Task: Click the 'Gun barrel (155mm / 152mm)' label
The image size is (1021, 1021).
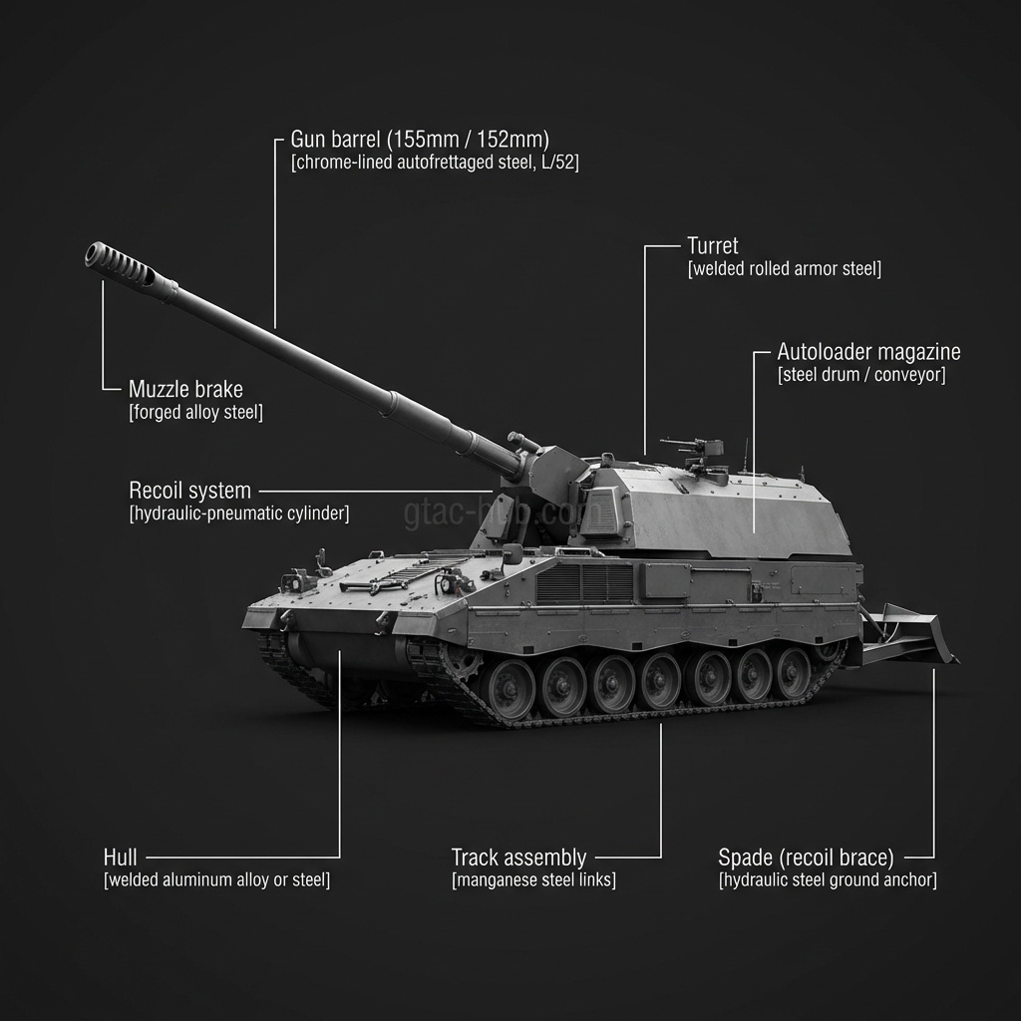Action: click(x=420, y=139)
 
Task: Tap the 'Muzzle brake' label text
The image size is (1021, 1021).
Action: click(x=185, y=389)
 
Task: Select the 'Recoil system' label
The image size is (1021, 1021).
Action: click(x=189, y=491)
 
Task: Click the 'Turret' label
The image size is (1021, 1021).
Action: click(x=712, y=245)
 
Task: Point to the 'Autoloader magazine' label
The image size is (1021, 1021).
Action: click(x=868, y=352)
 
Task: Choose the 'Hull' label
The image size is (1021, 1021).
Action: click(x=120, y=857)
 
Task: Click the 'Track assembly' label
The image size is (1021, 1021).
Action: click(x=518, y=857)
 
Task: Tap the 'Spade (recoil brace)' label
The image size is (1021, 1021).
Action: click(x=806, y=857)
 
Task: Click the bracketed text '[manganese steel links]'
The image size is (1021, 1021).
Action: click(x=533, y=880)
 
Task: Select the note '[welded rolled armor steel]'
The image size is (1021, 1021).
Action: click(x=785, y=269)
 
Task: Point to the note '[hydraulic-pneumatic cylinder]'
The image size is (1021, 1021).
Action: click(x=239, y=514)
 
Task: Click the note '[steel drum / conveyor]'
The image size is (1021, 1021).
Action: click(x=861, y=376)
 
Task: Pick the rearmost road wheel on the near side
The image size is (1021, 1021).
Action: click(x=794, y=673)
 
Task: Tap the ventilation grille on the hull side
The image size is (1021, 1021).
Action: click(x=584, y=583)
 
